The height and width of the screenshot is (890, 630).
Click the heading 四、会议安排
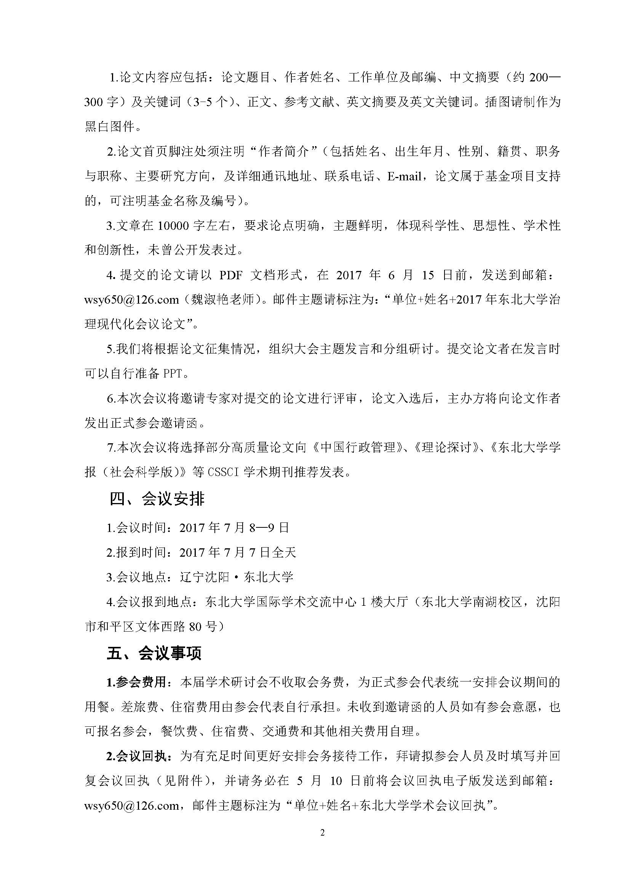tap(157, 499)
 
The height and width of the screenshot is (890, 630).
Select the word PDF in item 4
tap(231, 275)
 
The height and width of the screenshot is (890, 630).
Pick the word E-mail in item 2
tap(404, 177)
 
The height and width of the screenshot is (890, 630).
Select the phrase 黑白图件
tap(109, 127)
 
